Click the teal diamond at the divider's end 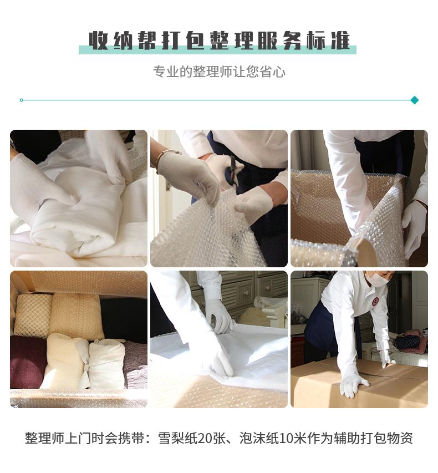tap(415, 100)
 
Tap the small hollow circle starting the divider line tap(21, 100)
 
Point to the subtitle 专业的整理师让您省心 tap(219, 72)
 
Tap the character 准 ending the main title tap(340, 40)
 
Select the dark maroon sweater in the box tap(28, 362)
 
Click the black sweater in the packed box tap(124, 320)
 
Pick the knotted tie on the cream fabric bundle tap(85, 370)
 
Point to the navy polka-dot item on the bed tap(408, 342)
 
